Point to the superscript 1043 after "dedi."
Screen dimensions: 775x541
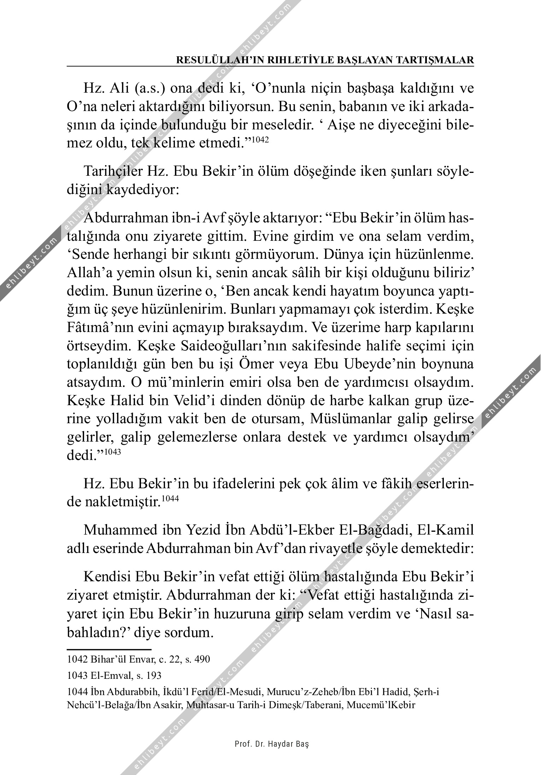113,451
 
